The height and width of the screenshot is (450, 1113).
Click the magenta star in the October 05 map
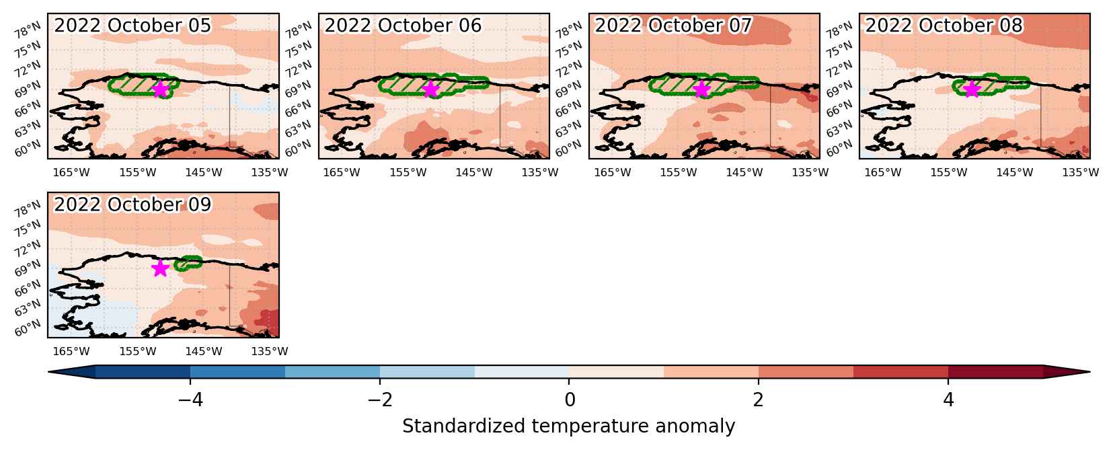click(161, 89)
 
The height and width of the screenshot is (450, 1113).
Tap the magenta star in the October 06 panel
click(431, 89)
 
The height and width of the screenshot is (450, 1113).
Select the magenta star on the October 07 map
click(701, 89)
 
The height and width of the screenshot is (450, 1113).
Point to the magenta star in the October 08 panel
click(971, 89)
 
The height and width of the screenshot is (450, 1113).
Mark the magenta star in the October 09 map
click(161, 268)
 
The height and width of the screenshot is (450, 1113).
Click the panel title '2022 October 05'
click(132, 26)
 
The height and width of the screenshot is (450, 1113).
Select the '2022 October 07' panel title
click(673, 26)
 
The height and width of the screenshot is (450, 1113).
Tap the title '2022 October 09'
click(132, 204)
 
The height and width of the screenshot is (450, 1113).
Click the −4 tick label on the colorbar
click(190, 400)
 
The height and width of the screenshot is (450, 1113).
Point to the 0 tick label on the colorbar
click(570, 400)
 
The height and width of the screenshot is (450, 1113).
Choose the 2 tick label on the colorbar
click(758, 400)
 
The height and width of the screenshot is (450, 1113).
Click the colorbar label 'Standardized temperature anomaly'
click(568, 426)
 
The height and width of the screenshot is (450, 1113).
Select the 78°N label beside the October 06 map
click(297, 31)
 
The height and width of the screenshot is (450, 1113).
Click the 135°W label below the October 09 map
click(269, 351)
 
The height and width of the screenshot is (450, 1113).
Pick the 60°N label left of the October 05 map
click(28, 149)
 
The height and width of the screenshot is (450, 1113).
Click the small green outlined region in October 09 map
click(188, 262)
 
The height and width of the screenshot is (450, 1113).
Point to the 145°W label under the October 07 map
click(744, 173)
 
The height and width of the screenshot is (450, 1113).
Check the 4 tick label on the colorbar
click(948, 400)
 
